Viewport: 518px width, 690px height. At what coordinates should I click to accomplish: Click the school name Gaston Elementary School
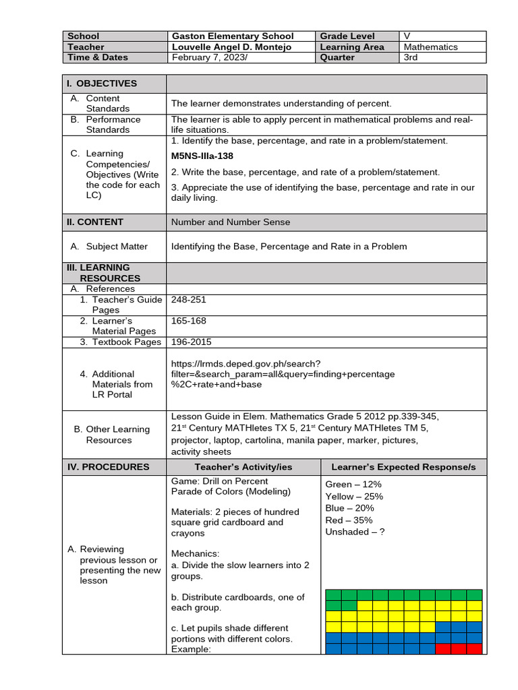(232, 36)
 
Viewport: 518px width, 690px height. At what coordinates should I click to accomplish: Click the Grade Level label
(347, 36)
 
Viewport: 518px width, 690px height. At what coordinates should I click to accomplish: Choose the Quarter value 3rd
(411, 58)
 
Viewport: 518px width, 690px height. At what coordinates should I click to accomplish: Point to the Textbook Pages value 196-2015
(191, 342)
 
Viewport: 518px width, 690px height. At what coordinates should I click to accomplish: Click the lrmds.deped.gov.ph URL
(283, 373)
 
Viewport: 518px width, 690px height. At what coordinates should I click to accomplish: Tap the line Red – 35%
(349, 520)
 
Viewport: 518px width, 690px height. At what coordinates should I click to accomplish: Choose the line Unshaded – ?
(355, 532)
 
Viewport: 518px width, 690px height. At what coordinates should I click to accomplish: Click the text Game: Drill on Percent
(220, 481)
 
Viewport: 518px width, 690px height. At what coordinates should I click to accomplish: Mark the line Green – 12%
(353, 484)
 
